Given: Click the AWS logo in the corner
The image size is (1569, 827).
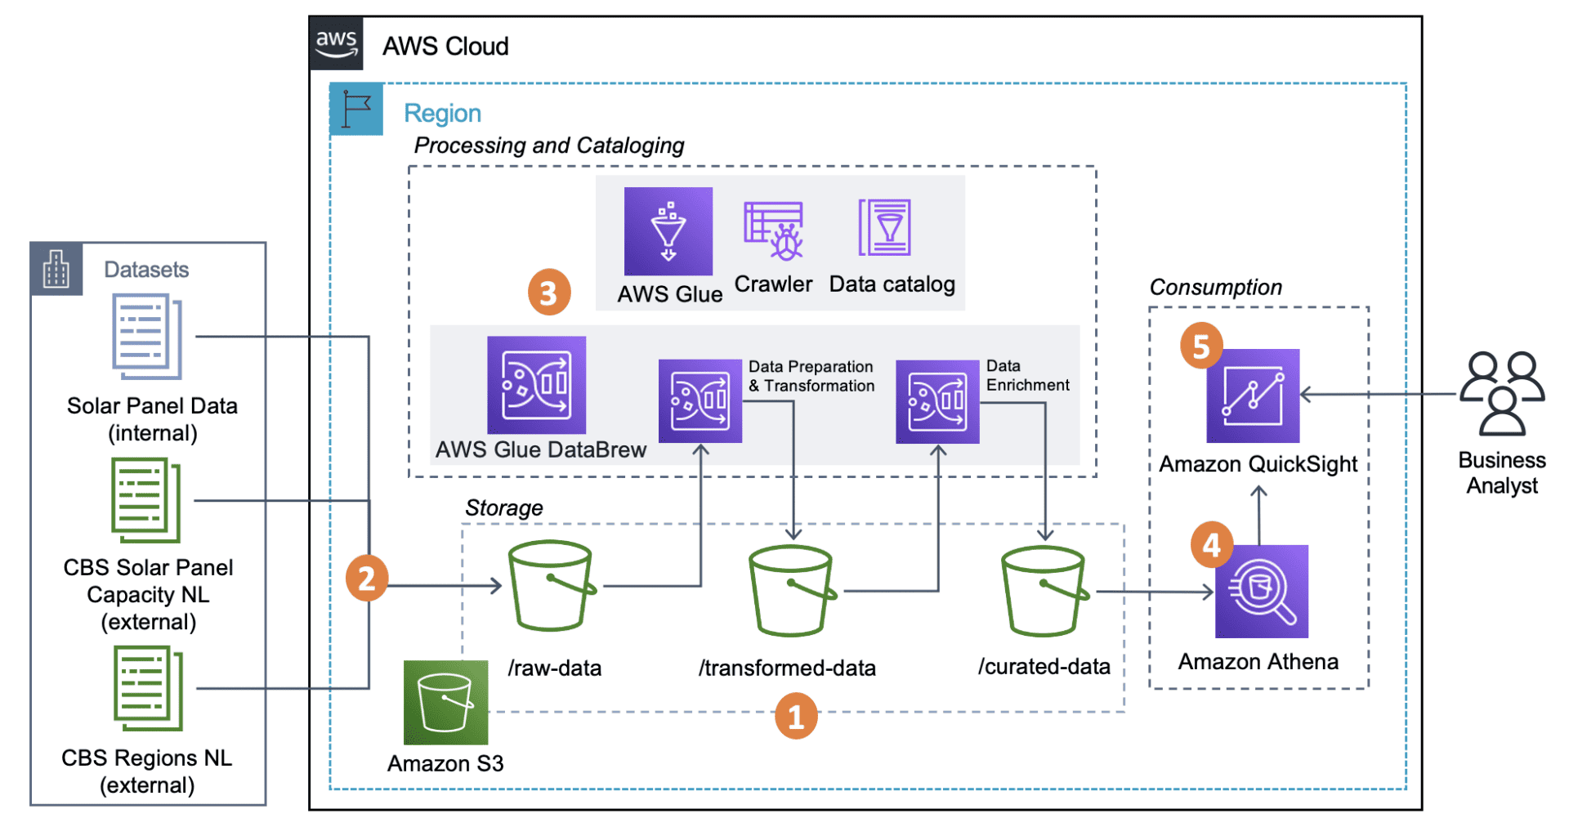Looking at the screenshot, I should click(x=336, y=43).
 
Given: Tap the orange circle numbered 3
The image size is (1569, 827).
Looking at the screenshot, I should click(x=548, y=293).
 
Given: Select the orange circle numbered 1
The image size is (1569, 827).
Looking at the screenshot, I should click(x=795, y=717).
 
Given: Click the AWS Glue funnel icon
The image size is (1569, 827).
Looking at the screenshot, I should click(x=668, y=231).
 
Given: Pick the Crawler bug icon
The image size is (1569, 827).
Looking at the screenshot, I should click(x=774, y=231).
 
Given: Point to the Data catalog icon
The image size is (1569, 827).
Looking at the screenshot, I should click(x=884, y=228).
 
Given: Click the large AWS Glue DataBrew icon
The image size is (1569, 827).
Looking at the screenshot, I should click(x=536, y=385).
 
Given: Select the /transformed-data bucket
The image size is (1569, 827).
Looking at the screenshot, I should click(x=791, y=591).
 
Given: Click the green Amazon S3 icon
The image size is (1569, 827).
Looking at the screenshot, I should click(x=445, y=702).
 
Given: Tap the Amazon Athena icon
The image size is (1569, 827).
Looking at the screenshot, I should click(x=1261, y=591).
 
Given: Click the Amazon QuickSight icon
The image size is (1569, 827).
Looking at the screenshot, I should click(x=1252, y=396).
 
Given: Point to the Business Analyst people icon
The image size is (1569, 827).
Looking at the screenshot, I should click(x=1502, y=393).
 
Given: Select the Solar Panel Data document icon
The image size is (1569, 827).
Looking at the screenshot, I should click(x=147, y=337).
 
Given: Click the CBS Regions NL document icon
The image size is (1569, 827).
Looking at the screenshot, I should click(x=148, y=688).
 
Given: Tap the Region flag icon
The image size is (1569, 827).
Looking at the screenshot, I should click(x=356, y=109).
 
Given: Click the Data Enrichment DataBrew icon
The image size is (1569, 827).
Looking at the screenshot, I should click(x=936, y=401).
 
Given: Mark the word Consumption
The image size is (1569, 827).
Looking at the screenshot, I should click(x=1215, y=288).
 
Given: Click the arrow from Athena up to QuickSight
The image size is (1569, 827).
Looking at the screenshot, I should click(x=1258, y=515).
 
